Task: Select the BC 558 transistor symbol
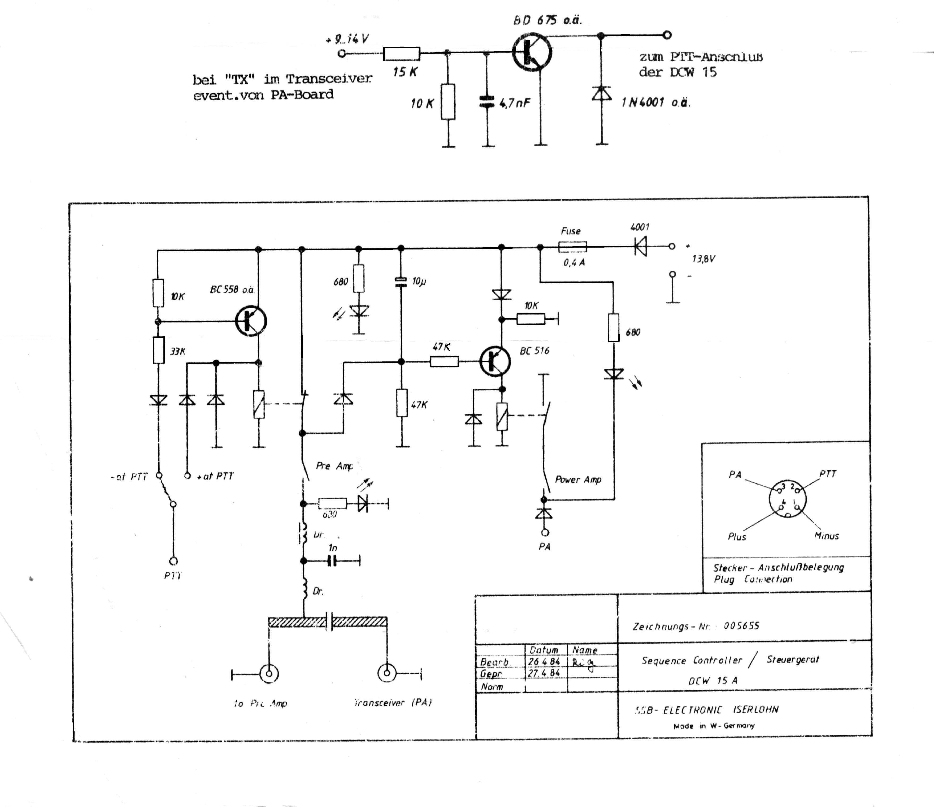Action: click(251, 321)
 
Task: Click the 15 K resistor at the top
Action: click(402, 54)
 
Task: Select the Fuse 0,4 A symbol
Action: click(572, 247)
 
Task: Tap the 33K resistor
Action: click(158, 350)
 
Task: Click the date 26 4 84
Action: click(544, 661)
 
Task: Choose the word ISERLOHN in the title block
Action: click(755, 709)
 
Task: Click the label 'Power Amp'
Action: click(578, 480)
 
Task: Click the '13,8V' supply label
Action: click(704, 259)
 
